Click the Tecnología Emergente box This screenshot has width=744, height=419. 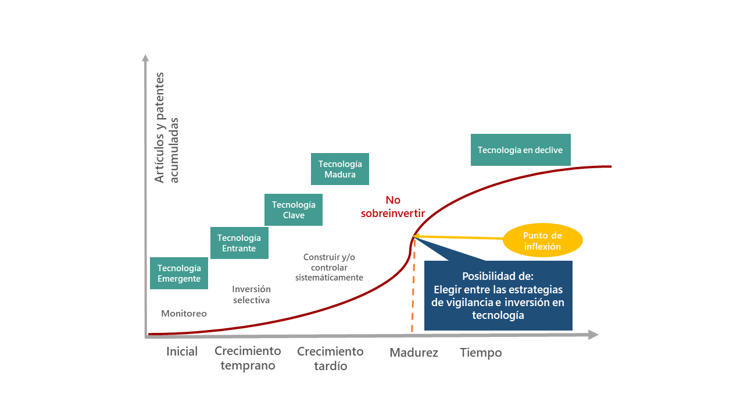tap(178, 273)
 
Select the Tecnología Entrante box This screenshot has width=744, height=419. tap(239, 243)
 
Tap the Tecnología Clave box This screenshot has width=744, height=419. tap(294, 210)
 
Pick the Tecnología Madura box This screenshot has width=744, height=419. tap(340, 169)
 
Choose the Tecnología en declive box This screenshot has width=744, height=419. tap(520, 150)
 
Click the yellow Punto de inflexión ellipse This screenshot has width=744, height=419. tap(543, 240)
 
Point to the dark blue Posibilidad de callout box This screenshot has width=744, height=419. tap(498, 295)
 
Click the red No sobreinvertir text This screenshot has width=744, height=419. tap(393, 207)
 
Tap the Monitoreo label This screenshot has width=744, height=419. tap(184, 313)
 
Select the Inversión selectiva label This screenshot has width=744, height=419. tap(252, 294)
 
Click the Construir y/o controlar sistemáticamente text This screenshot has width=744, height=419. tap(329, 267)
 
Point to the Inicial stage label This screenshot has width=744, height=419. tap(182, 351)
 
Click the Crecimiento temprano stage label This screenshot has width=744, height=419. tap(248, 358)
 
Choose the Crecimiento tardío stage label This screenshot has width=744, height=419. tap(331, 358)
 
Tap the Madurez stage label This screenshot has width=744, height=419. tap(414, 353)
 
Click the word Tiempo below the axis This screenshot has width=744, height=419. tap(481, 353)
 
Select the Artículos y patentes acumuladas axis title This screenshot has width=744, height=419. tap(166, 127)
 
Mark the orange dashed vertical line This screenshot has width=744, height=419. tap(413, 285)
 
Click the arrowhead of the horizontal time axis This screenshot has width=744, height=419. tap(593, 335)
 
